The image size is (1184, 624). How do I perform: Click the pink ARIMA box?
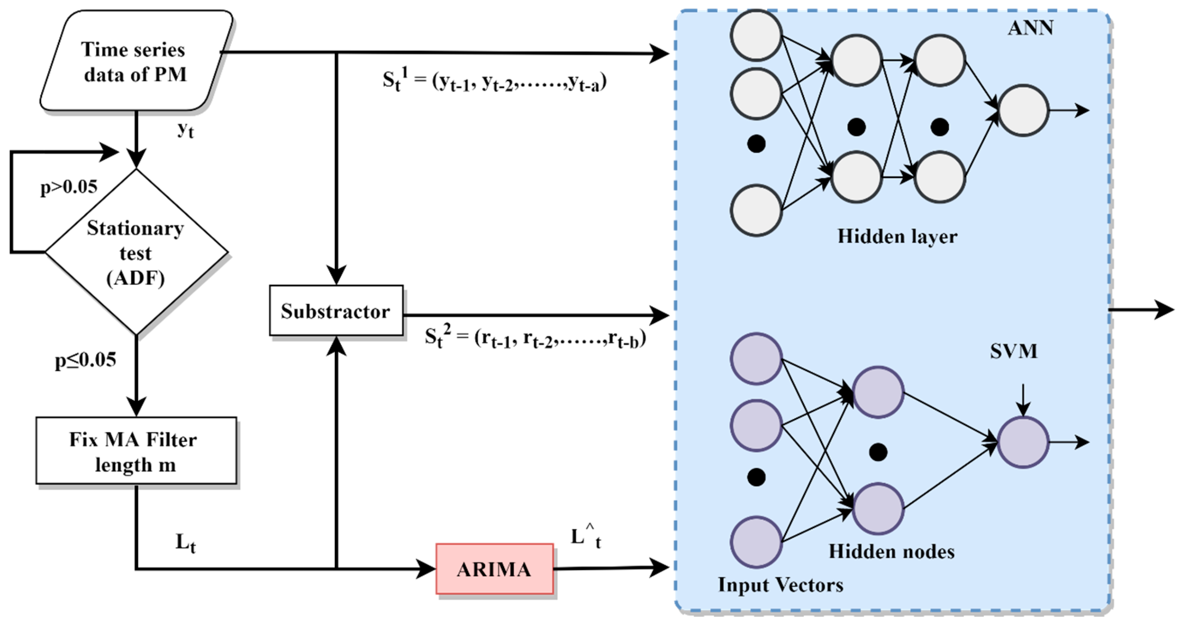click(x=495, y=569)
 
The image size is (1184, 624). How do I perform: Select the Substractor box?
click(x=336, y=311)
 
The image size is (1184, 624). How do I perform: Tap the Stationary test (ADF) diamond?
click(x=136, y=252)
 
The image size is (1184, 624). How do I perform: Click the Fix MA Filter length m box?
click(x=136, y=451)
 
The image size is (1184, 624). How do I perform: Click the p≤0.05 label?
click(x=85, y=360)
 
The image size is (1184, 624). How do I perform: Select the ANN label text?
click(x=1030, y=29)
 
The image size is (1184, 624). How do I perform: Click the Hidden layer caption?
click(x=897, y=237)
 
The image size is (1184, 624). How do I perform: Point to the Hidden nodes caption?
click(x=891, y=552)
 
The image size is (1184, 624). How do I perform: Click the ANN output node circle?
click(x=1023, y=110)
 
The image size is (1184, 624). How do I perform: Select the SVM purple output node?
click(x=1023, y=442)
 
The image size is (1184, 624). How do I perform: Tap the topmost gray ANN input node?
click(x=756, y=35)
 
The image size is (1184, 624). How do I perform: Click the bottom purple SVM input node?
click(x=756, y=542)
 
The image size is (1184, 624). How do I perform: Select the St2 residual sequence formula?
click(x=535, y=338)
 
